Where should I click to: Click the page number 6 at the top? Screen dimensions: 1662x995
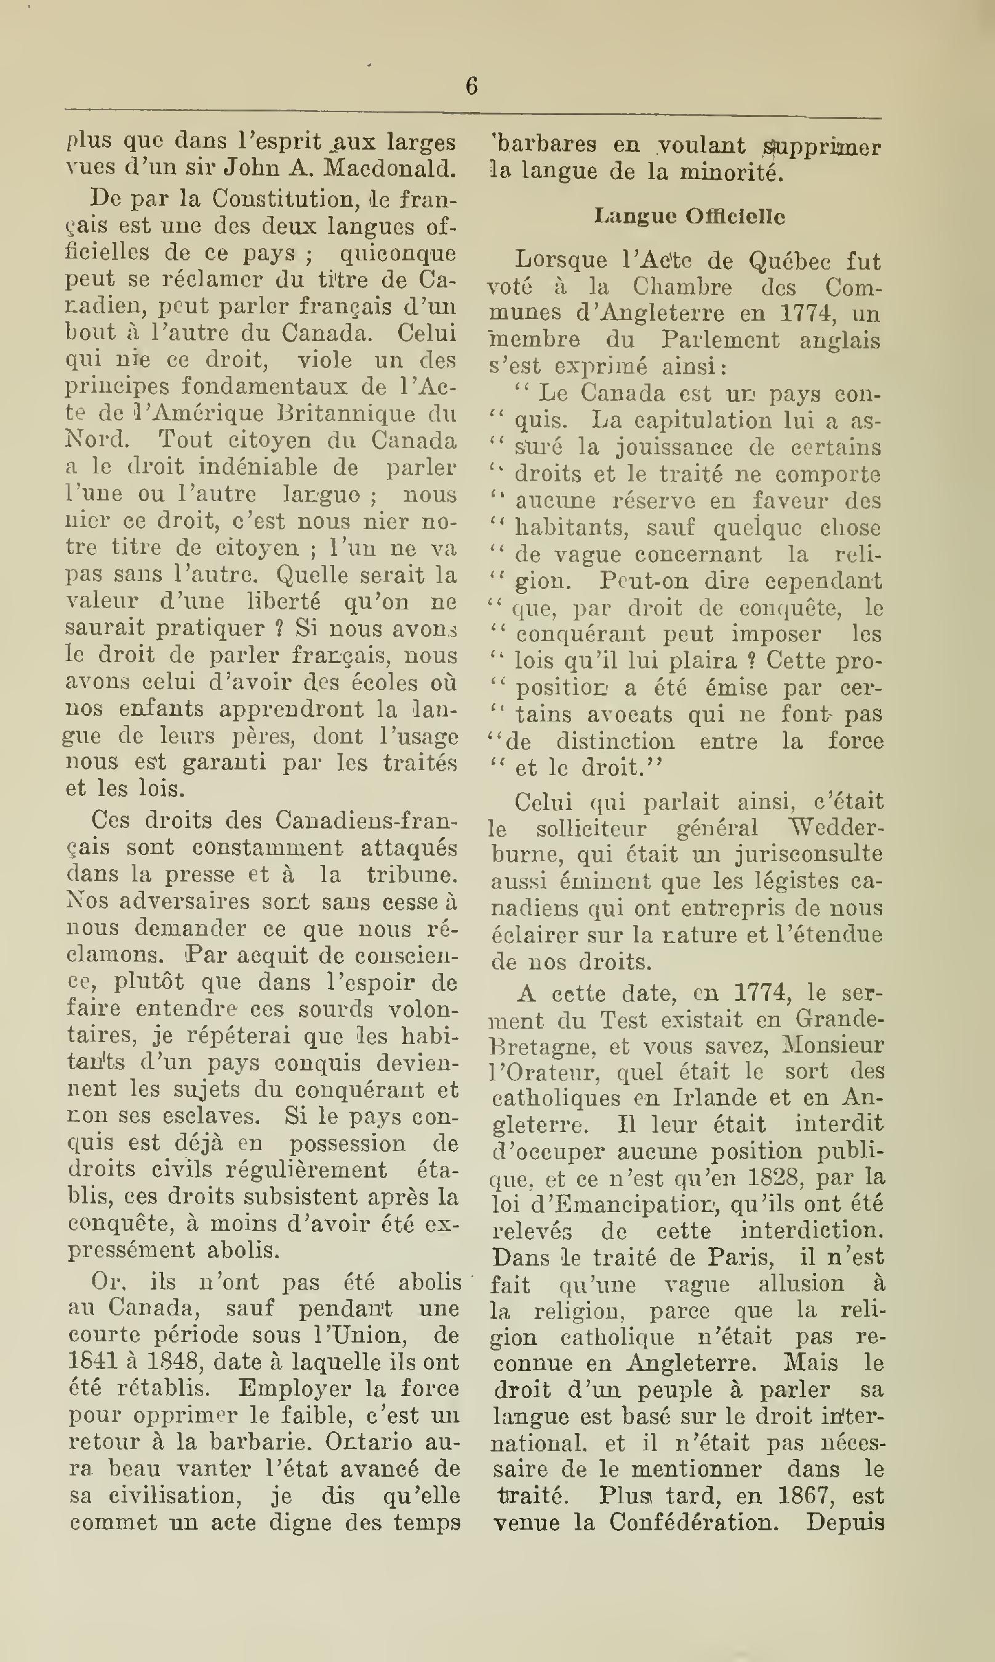click(x=471, y=87)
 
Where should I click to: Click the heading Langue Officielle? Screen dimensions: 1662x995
click(x=689, y=216)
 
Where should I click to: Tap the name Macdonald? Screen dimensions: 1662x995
click(x=389, y=168)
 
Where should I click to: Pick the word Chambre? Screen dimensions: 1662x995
click(x=682, y=287)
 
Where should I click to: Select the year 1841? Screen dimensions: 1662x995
click(x=89, y=1362)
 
